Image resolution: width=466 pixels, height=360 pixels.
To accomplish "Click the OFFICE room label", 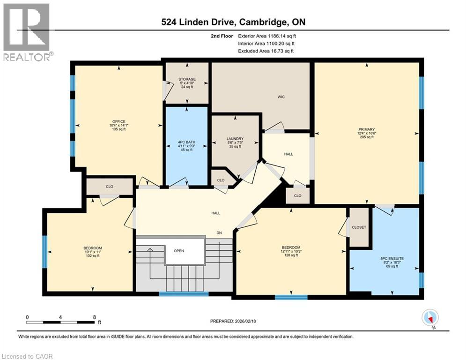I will coord(109,121).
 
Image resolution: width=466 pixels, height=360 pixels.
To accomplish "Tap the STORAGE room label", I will coord(187,79).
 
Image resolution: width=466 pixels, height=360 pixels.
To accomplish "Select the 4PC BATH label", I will coord(186,142).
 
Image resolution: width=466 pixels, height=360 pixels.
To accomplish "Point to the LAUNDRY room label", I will coord(235,139).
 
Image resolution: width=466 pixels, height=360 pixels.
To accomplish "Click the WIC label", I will coord(281,97).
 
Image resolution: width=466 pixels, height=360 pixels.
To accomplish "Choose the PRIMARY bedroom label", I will coord(367,129).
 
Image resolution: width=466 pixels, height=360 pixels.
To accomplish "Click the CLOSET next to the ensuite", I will coord(359,227).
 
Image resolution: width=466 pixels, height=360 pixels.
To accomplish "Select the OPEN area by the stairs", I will coord(179,251).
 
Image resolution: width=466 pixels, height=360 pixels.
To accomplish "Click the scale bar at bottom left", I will coord(60,322).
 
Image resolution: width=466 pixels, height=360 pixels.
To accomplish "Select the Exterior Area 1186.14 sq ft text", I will coord(267,36).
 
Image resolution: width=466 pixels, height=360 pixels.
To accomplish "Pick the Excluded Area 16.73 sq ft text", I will coord(266,51).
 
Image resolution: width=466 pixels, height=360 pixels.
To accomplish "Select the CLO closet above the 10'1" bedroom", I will coord(109,187).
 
